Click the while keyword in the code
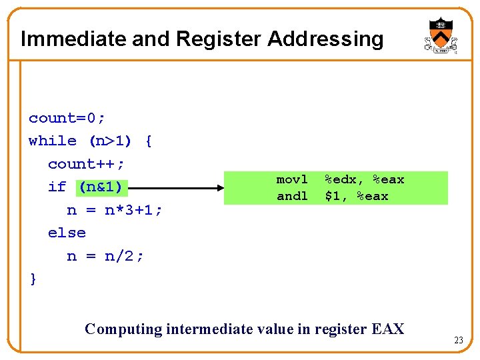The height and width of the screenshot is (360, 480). (x=53, y=141)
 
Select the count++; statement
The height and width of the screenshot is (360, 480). (x=87, y=164)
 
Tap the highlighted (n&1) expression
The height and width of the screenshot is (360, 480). (x=100, y=187)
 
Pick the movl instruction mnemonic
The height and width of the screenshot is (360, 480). (x=292, y=179)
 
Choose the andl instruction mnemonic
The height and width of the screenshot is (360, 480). (x=292, y=196)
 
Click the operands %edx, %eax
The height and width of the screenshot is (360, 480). (x=364, y=179)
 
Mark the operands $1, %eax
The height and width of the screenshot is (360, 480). (x=356, y=196)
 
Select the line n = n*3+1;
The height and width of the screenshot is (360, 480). (x=115, y=210)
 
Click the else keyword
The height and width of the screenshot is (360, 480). (x=67, y=233)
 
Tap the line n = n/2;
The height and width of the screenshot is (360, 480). (x=105, y=255)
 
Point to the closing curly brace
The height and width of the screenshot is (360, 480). (x=33, y=279)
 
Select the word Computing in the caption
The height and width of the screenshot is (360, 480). (x=124, y=329)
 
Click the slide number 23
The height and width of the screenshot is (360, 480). (x=459, y=341)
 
